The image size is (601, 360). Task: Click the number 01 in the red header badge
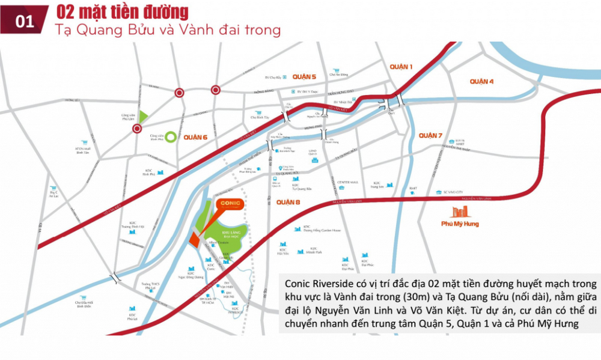tap(25, 22)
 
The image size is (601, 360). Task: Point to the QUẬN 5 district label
tap(304, 77)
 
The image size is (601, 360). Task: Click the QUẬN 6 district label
tap(195, 137)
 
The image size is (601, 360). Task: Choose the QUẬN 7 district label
tap(430, 136)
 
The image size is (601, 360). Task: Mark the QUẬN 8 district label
tap(288, 203)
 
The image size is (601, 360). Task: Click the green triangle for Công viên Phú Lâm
tap(144, 117)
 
